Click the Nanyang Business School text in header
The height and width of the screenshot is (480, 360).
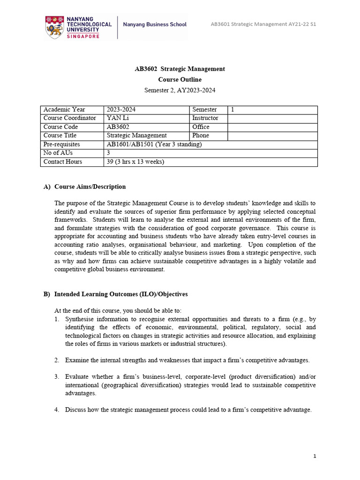click(154, 24)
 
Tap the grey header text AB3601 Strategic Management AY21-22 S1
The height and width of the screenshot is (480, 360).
click(263, 24)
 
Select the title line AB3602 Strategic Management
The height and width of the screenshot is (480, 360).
click(180, 69)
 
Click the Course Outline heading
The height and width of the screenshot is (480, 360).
click(180, 80)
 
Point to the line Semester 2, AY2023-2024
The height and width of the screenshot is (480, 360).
click(180, 90)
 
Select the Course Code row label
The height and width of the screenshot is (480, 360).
click(60, 127)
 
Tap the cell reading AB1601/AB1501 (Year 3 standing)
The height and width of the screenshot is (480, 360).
click(154, 144)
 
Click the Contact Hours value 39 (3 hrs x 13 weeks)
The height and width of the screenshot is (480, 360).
click(135, 162)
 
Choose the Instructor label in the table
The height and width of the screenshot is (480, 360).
click(205, 118)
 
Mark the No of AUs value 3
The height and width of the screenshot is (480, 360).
click(109, 153)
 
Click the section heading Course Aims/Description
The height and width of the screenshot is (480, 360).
click(90, 187)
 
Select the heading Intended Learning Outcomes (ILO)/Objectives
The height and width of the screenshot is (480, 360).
click(121, 294)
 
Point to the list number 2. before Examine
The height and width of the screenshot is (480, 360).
click(56, 360)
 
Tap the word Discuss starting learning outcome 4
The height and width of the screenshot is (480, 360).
click(75, 410)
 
